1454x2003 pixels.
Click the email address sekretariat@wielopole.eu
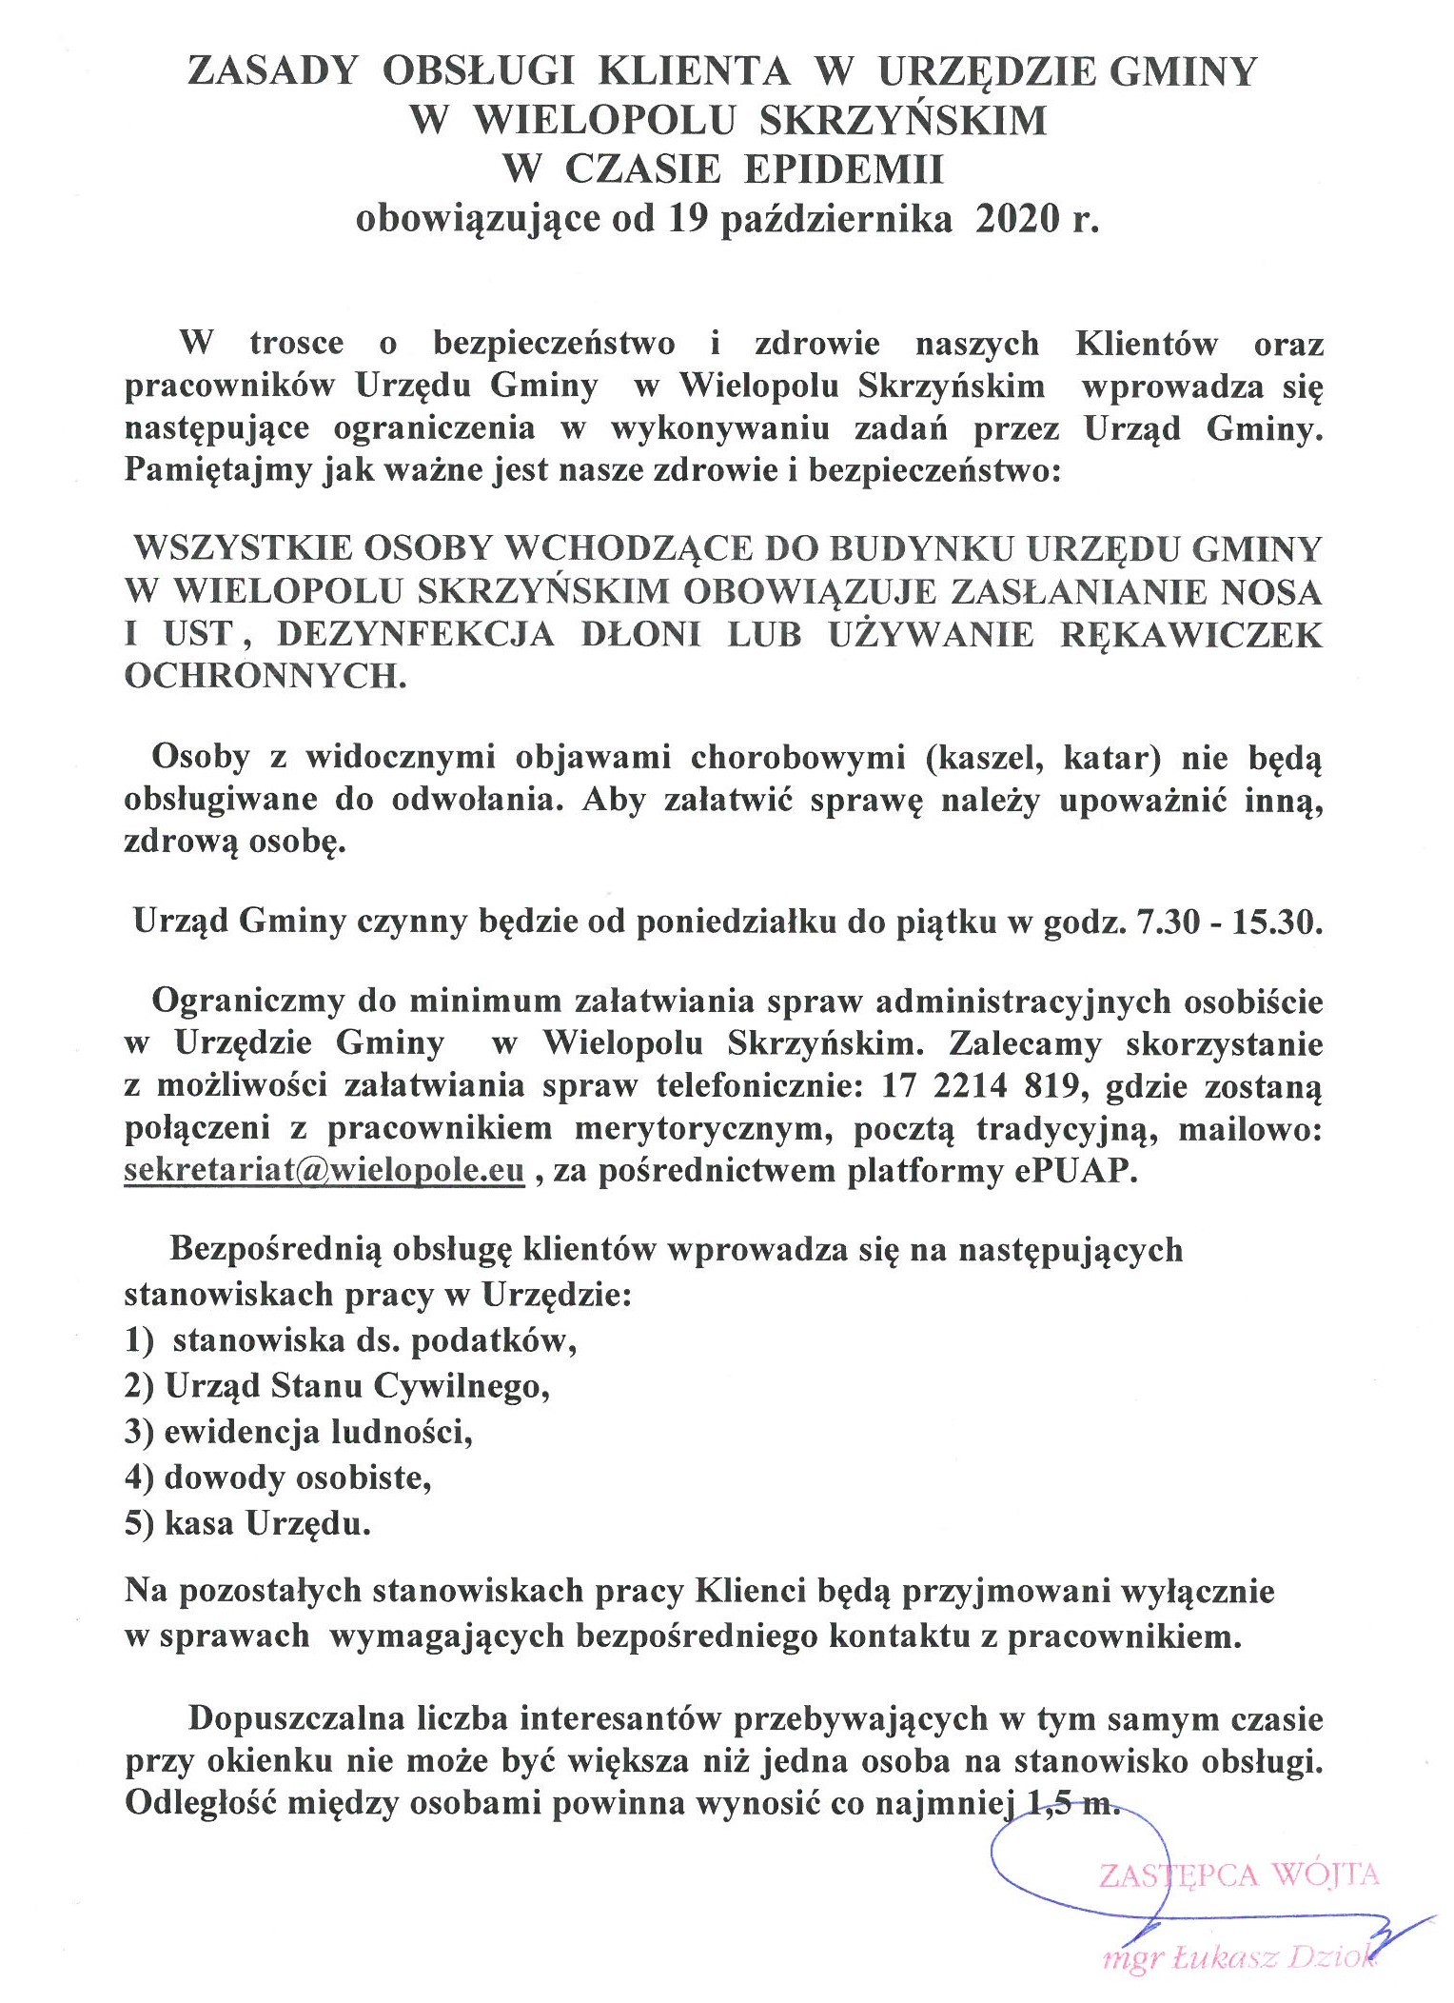[x=324, y=1170]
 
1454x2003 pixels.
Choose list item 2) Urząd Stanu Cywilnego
[x=338, y=1385]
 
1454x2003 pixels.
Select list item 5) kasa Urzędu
[x=247, y=1524]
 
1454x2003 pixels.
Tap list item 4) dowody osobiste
[x=278, y=1477]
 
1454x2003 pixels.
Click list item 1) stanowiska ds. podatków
[x=351, y=1339]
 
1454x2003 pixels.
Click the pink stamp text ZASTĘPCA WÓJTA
[x=1238, y=1874]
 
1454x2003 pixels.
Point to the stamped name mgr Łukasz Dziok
[x=1238, y=1957]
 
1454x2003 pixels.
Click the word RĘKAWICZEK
[x=1190, y=634]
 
